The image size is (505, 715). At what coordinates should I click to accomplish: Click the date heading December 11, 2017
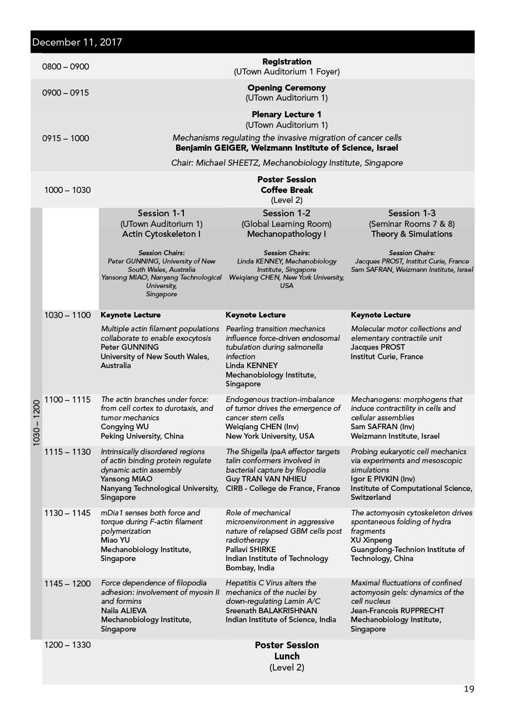click(77, 42)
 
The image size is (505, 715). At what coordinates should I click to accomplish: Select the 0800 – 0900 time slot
click(66, 67)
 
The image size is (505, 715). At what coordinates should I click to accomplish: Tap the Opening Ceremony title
click(287, 88)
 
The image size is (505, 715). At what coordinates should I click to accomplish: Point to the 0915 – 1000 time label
click(66, 138)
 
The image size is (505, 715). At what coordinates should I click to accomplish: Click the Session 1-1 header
click(162, 213)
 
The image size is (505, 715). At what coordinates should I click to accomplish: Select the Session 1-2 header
click(287, 213)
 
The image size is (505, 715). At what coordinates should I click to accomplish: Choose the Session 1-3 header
click(412, 213)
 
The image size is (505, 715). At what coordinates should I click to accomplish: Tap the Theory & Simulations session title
click(412, 234)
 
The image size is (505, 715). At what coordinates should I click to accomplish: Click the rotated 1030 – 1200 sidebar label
click(36, 423)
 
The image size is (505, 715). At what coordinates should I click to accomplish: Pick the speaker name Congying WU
click(126, 427)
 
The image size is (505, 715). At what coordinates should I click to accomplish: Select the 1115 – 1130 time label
click(67, 452)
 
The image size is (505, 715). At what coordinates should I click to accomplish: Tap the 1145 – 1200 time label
click(67, 583)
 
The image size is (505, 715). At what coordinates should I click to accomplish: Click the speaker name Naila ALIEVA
click(124, 610)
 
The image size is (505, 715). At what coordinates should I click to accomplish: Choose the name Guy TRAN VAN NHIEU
click(266, 479)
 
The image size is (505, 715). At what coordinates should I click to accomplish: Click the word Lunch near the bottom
click(287, 656)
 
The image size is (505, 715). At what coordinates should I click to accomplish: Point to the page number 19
click(469, 689)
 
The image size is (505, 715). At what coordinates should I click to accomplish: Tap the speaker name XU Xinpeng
click(371, 540)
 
